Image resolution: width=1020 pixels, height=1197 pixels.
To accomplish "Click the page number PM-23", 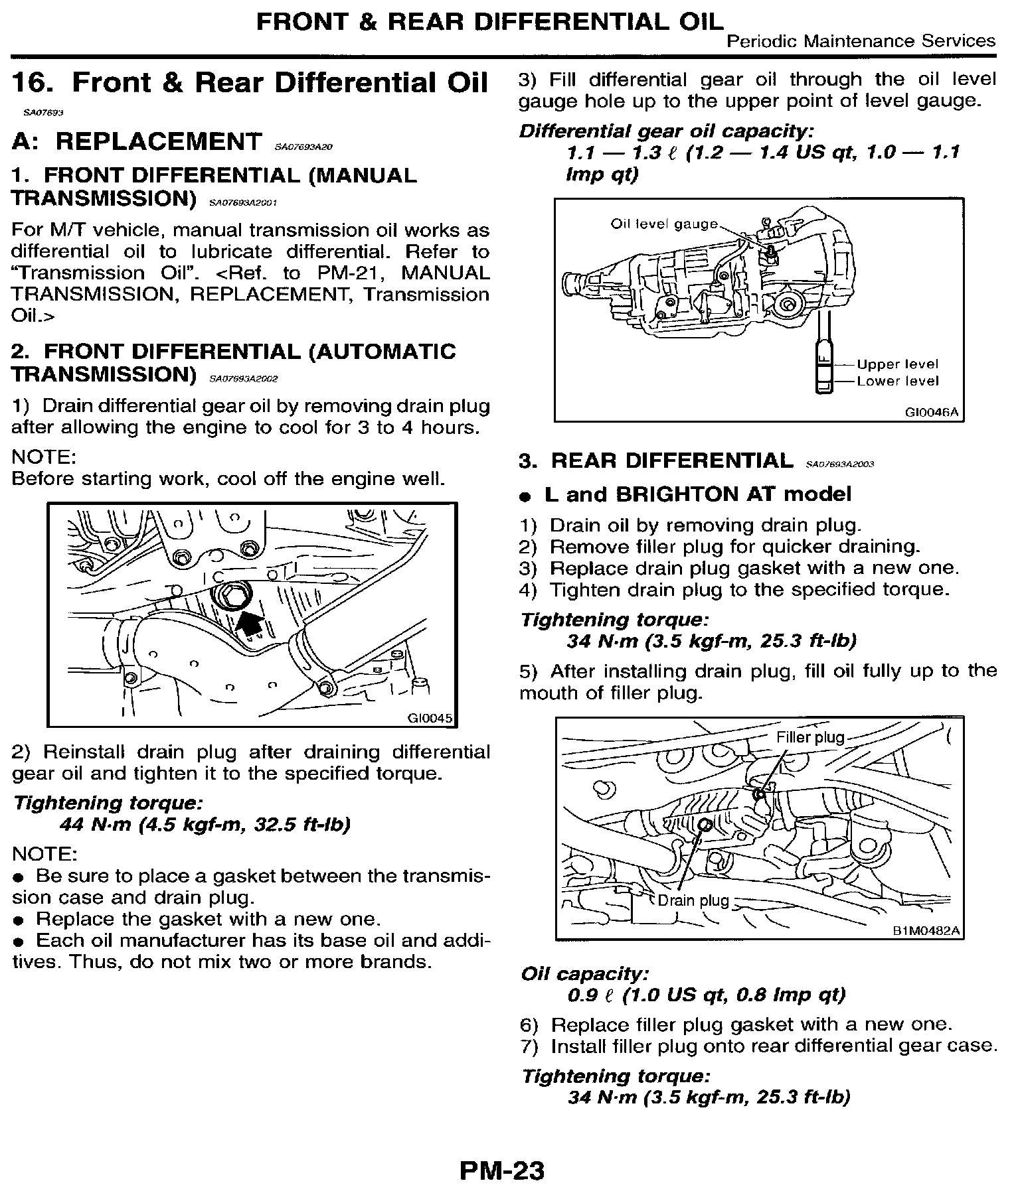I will click(x=501, y=1170).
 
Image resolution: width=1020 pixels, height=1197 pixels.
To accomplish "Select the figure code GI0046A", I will click(x=931, y=412).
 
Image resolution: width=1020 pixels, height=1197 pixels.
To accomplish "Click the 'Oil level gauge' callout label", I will click(x=664, y=224).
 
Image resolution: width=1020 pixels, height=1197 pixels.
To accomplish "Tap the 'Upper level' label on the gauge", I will click(x=897, y=364).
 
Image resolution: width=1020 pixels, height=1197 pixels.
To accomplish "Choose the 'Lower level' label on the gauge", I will click(x=897, y=381).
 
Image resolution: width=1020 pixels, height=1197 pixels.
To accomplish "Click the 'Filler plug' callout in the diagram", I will click(x=810, y=737).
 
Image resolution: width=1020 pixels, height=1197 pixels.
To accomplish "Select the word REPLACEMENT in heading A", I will click(x=159, y=141).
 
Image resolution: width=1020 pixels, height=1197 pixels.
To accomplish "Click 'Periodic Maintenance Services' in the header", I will click(x=861, y=41).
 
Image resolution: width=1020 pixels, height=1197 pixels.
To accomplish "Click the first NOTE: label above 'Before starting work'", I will click(x=44, y=457).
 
